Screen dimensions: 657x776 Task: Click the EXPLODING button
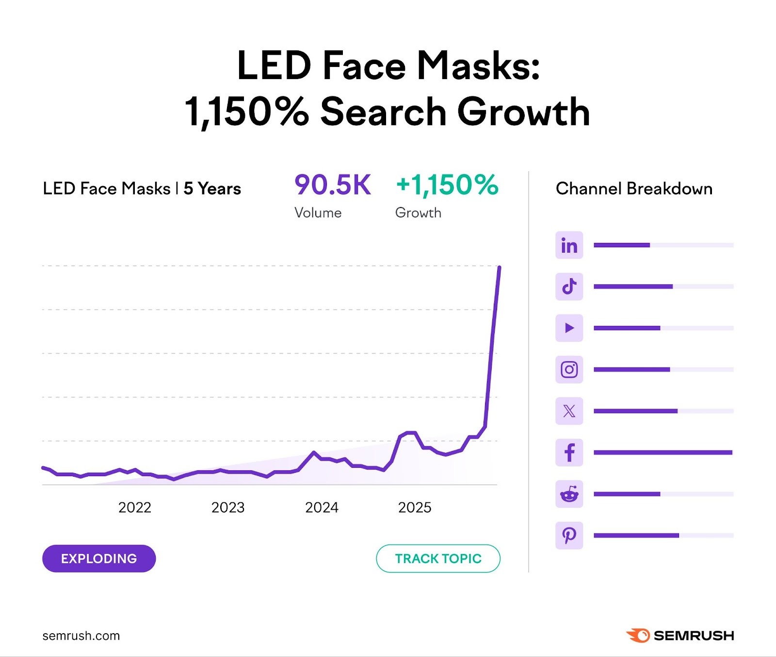point(99,559)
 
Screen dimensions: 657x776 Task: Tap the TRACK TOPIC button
point(438,559)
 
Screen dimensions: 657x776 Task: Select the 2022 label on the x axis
point(135,507)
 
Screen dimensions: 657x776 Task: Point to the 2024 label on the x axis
point(322,507)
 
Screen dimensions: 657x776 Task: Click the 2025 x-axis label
point(415,507)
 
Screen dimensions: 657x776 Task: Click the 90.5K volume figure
point(333,185)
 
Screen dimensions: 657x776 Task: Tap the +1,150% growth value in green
point(447,185)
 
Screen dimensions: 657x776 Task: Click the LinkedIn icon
point(569,245)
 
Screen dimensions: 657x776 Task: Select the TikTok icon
point(569,287)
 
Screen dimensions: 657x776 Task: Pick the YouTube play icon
point(569,328)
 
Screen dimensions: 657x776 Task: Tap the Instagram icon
point(569,369)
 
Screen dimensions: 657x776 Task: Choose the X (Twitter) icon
point(569,411)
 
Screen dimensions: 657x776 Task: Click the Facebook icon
point(569,452)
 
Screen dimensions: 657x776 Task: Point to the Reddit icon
point(569,494)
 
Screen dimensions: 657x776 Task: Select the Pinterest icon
point(569,535)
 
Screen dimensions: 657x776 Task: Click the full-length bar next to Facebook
point(663,452)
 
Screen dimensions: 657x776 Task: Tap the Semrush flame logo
point(638,635)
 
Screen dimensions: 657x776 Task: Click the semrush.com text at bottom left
point(81,636)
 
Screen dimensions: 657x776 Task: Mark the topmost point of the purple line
point(500,267)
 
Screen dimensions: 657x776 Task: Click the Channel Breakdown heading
point(634,189)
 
